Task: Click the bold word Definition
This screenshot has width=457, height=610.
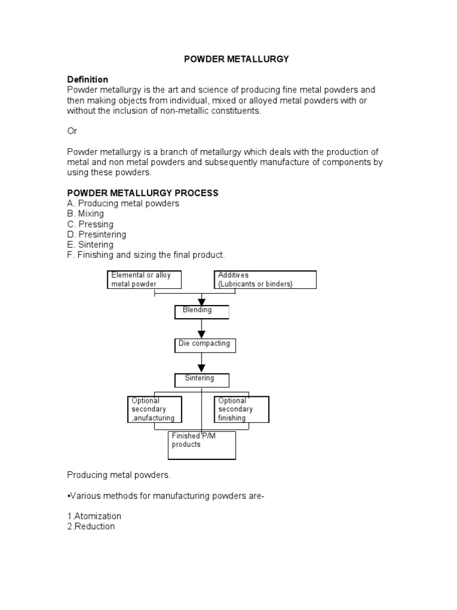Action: (x=87, y=79)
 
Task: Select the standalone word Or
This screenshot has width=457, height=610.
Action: (x=72, y=130)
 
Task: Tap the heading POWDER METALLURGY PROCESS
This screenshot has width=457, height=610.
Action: (x=143, y=193)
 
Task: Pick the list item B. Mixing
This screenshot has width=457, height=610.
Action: (x=86, y=214)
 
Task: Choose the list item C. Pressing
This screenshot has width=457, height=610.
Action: (x=90, y=224)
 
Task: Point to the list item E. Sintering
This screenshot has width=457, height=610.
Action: (x=90, y=244)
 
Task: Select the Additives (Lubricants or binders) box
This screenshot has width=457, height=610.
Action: (x=265, y=279)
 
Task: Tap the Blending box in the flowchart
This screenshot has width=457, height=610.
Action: (x=201, y=312)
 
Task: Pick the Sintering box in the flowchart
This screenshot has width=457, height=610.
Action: (x=201, y=379)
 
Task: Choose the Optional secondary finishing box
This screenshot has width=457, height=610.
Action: (x=242, y=409)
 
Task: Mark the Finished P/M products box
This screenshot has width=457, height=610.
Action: (x=202, y=445)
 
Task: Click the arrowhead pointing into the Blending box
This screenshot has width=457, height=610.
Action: (x=202, y=303)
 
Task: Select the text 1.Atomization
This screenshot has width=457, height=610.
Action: (x=94, y=516)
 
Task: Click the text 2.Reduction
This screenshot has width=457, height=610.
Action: (x=91, y=527)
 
